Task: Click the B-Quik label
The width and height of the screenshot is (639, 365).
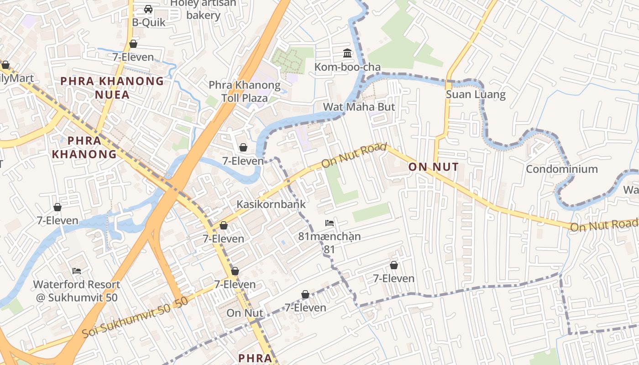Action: click(x=148, y=22)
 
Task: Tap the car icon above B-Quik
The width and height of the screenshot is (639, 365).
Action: click(x=148, y=9)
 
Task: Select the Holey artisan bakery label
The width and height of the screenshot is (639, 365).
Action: click(x=204, y=9)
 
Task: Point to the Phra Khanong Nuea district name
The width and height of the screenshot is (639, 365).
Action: click(x=112, y=88)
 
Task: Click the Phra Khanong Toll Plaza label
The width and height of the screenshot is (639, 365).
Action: click(x=245, y=91)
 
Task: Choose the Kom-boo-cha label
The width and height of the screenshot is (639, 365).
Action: click(x=347, y=68)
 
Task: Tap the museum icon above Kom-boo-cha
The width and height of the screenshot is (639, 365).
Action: click(x=347, y=54)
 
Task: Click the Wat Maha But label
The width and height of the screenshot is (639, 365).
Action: click(x=359, y=107)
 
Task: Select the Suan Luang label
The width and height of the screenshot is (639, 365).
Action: click(x=476, y=95)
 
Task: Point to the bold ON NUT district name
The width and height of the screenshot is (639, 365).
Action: click(x=433, y=167)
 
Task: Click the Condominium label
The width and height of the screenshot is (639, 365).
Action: click(x=562, y=169)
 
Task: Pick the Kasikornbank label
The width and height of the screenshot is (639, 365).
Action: click(x=271, y=204)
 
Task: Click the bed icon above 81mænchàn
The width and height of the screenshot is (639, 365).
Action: click(x=330, y=223)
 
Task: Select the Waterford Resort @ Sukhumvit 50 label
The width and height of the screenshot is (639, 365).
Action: click(x=77, y=291)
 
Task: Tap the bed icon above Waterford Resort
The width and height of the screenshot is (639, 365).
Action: click(x=77, y=271)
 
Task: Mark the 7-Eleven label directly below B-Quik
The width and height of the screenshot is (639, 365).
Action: click(x=133, y=57)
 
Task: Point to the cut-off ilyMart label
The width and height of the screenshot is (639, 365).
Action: click(x=16, y=78)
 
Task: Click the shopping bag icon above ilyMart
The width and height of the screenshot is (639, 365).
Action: click(x=5, y=65)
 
